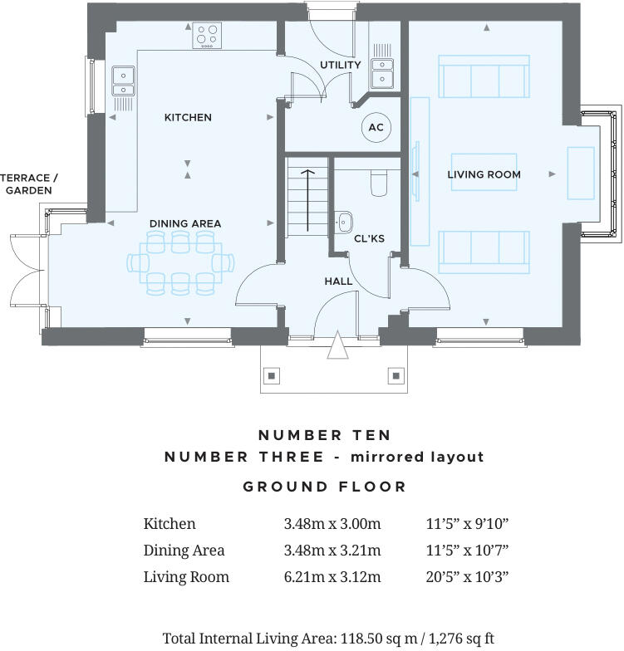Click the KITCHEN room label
[188, 118]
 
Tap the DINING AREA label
[185, 223]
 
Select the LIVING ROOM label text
[484, 174]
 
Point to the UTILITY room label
[341, 65]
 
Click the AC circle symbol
[376, 127]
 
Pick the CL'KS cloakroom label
[369, 239]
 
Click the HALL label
[338, 281]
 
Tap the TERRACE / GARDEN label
[29, 184]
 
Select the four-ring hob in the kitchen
[208, 37]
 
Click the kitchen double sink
[124, 80]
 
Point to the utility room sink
[382, 72]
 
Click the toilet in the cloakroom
[379, 184]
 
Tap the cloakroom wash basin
[345, 221]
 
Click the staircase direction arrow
[307, 200]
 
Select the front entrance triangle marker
[337, 345]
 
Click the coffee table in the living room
[484, 172]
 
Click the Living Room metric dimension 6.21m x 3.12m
[332, 576]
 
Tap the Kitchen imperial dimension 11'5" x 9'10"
[467, 524]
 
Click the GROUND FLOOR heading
[325, 487]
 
